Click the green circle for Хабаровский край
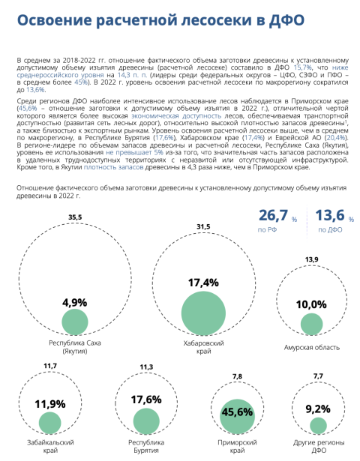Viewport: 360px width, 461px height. (203, 313)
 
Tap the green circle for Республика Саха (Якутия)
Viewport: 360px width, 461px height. (75, 322)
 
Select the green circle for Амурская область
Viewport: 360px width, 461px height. (312, 325)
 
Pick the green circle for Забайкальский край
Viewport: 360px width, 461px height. (50, 423)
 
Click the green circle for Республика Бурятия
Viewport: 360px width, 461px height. (146, 421)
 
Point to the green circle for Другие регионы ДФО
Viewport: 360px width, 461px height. (318, 426)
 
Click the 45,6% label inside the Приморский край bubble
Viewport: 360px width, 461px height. (237, 412)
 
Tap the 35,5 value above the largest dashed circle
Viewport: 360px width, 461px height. (75, 217)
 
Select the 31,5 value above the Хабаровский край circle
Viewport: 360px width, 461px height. (203, 226)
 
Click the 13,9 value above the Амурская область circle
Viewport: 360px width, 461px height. (312, 259)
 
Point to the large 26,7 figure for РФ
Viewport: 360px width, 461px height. (273, 215)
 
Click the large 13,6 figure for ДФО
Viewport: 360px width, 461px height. (330, 215)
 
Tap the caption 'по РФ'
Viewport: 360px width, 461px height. (267, 229)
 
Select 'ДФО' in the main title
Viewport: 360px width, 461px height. (286, 20)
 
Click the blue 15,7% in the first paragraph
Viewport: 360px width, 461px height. (303, 67)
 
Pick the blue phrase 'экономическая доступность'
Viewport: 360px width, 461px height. (176, 116)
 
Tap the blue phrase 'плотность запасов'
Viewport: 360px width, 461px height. (114, 167)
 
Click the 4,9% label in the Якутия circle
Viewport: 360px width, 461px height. (75, 303)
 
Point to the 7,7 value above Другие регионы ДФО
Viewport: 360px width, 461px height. (318, 376)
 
